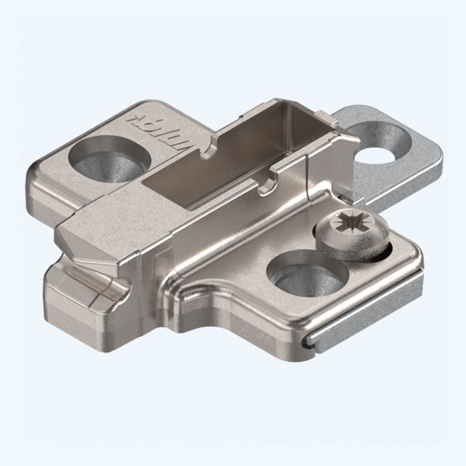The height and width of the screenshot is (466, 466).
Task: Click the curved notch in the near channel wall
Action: (x=267, y=184)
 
